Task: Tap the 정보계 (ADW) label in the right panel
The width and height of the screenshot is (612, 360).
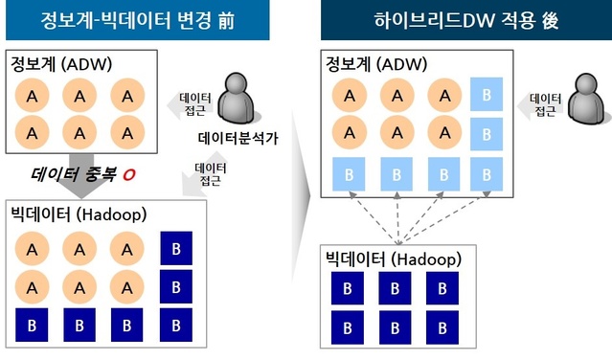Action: point(374,64)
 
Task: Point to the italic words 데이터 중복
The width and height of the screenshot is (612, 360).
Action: point(76,175)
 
